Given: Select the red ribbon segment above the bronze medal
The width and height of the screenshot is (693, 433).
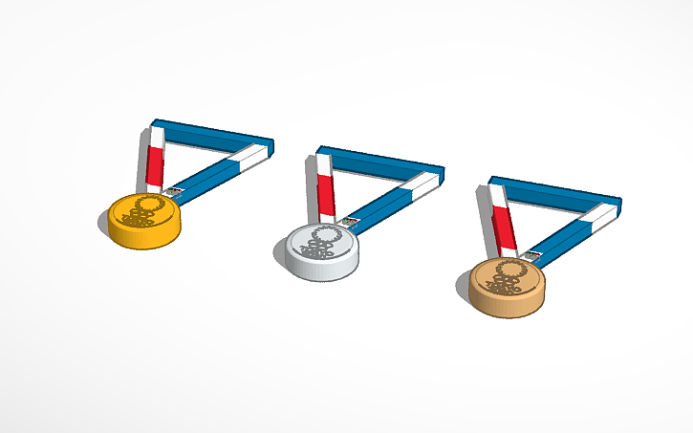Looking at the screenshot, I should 503,230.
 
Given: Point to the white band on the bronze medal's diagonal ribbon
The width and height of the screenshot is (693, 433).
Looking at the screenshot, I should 596,218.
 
